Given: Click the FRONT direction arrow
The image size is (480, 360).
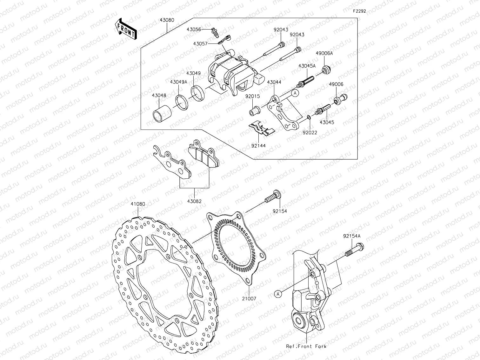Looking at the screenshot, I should pyautogui.click(x=126, y=29).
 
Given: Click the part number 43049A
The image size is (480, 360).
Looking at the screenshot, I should pyautogui.click(x=178, y=82).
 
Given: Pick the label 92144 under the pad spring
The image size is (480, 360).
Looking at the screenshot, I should pyautogui.click(x=258, y=146).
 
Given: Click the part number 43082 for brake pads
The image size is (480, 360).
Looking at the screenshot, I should pyautogui.click(x=194, y=201).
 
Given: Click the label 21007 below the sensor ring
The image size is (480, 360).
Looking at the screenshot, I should pyautogui.click(x=250, y=299).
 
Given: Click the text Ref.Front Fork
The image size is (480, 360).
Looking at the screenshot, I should pyautogui.click(x=306, y=346).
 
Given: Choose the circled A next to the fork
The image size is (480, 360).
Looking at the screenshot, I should pyautogui.click(x=278, y=294).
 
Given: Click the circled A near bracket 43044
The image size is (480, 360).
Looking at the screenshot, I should pyautogui.click(x=295, y=93).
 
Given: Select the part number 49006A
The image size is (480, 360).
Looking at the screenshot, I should pyautogui.click(x=324, y=53).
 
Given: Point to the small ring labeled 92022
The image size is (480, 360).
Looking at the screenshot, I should pyautogui.click(x=308, y=118).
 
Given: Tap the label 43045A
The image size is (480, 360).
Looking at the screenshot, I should pyautogui.click(x=307, y=66).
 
